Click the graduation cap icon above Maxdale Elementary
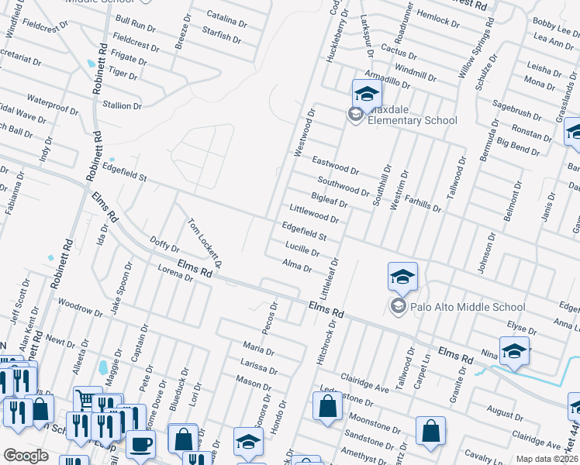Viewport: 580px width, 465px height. coord(367,94)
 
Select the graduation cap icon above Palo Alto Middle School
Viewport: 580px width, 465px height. coord(402,277)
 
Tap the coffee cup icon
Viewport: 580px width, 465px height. coord(140,444)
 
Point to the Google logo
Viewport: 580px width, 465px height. coord(26,456)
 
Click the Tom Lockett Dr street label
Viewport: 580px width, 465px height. coord(205,243)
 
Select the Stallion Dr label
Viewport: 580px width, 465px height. coord(127,105)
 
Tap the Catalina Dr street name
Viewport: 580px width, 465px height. coord(230,18)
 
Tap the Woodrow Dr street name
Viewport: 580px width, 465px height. coord(80,310)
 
